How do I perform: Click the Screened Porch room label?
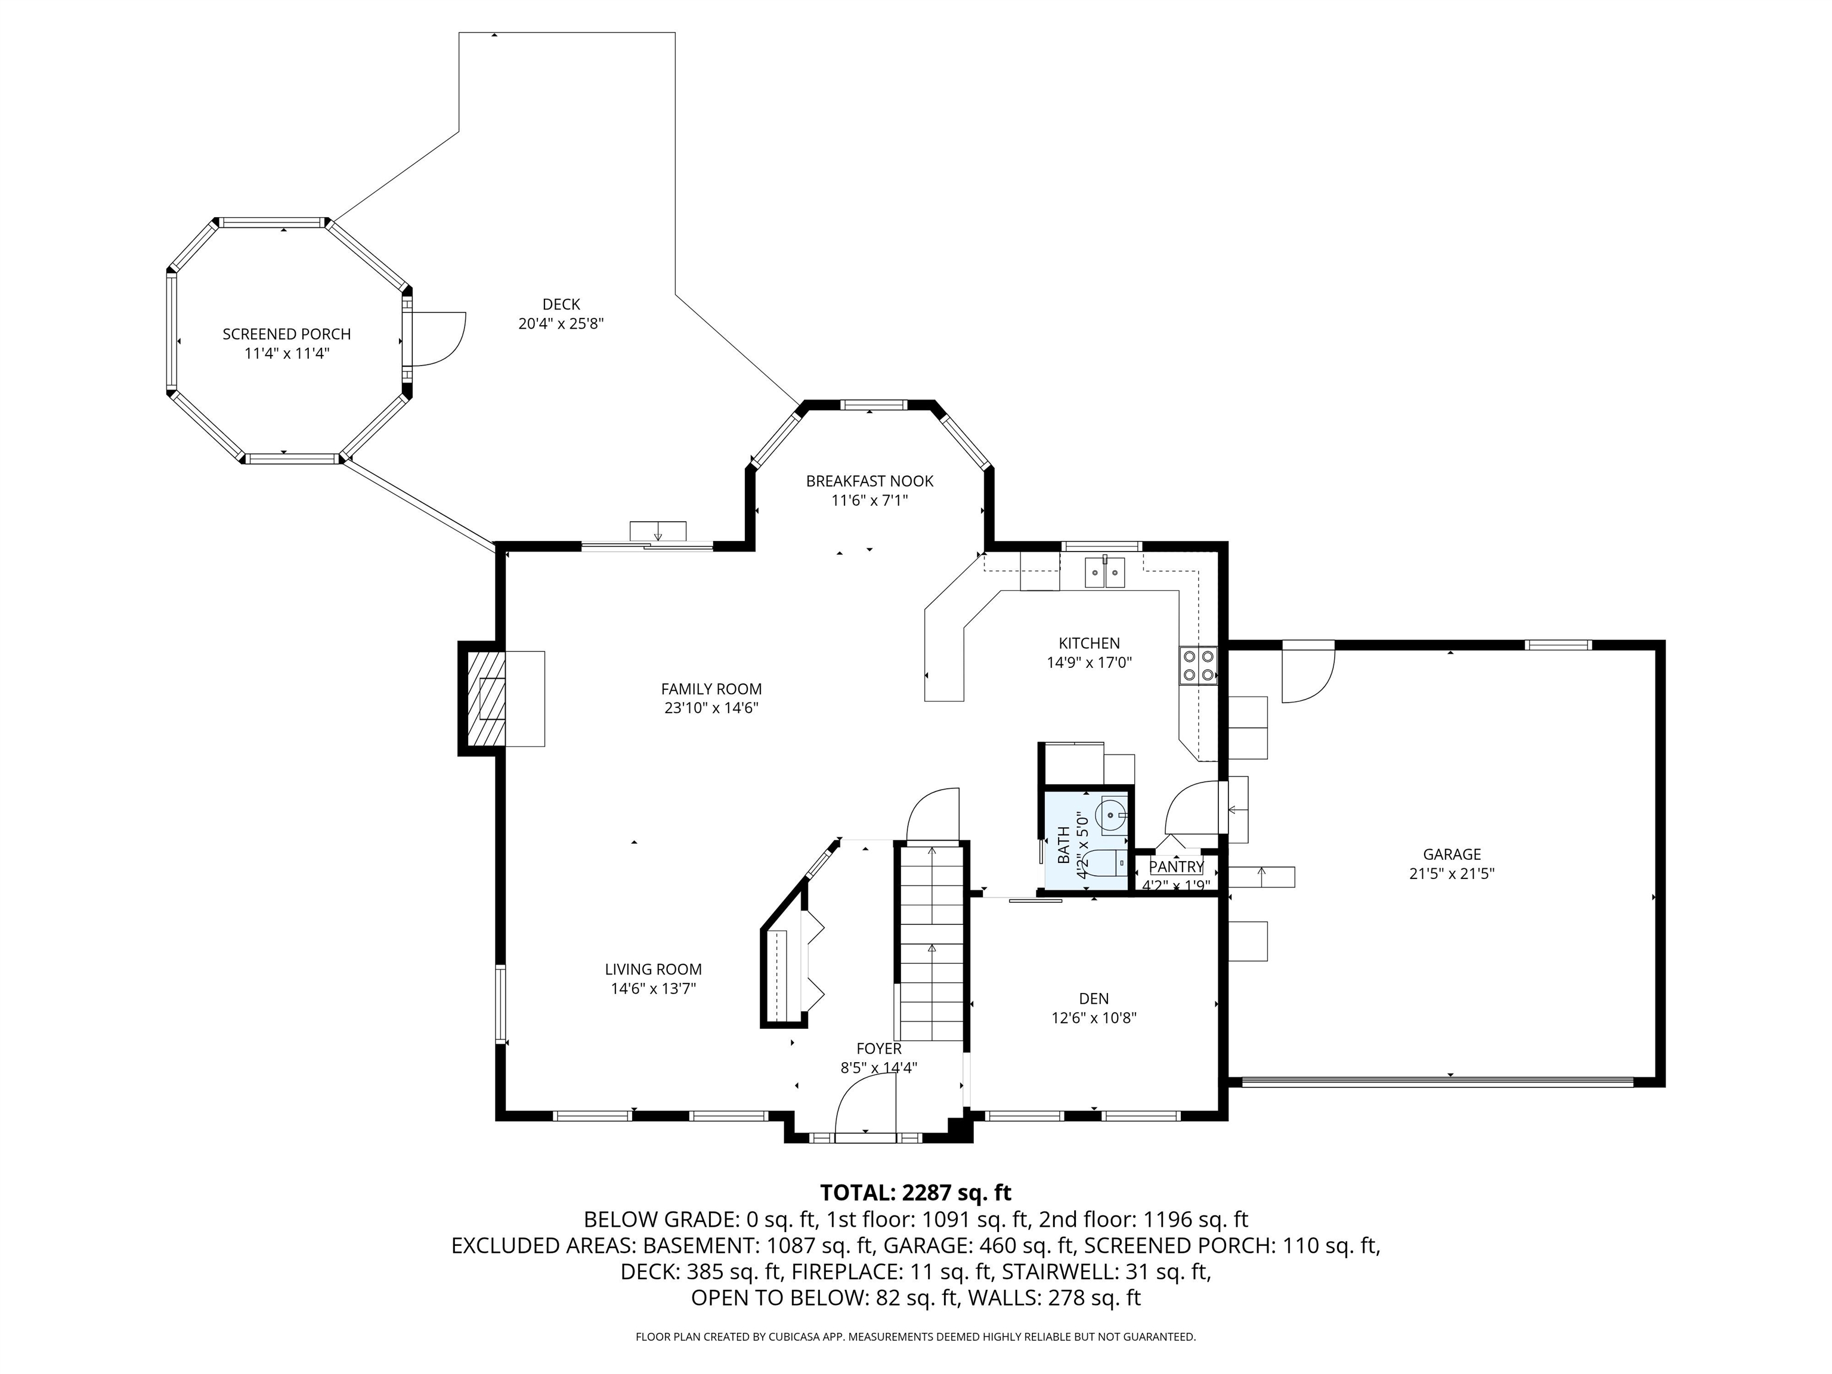point(287,334)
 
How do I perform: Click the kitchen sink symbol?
point(1104,571)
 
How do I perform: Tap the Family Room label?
point(711,689)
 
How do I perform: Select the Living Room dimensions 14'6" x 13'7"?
point(654,988)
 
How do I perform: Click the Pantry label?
point(1176,867)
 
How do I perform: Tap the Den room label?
point(1093,999)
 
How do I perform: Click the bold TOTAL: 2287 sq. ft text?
point(915,1193)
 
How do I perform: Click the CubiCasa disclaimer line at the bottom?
point(915,1337)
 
